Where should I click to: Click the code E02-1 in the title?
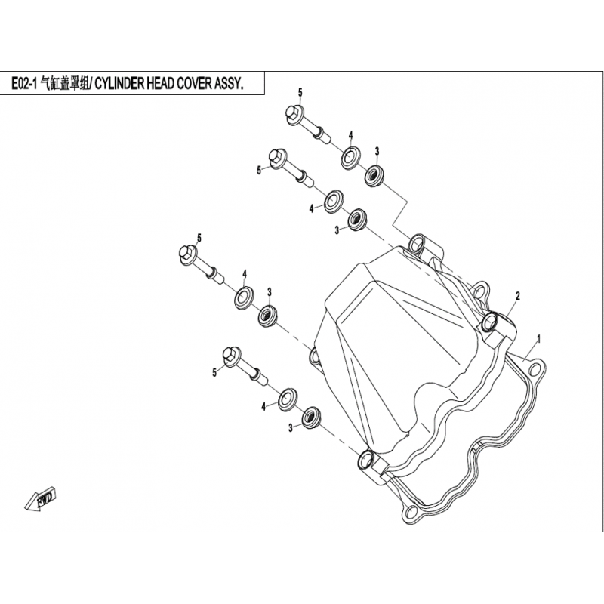pyautogui.click(x=24, y=84)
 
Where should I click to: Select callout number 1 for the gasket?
pyautogui.click(x=539, y=339)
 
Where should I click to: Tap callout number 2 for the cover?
pyautogui.click(x=518, y=296)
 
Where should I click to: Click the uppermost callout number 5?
pyautogui.click(x=300, y=92)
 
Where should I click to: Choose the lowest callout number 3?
pyautogui.click(x=291, y=427)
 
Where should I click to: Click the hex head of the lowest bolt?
pyautogui.click(x=231, y=356)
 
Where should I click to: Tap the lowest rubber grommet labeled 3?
pyautogui.click(x=311, y=417)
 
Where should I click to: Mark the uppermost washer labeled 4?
pyautogui.click(x=350, y=156)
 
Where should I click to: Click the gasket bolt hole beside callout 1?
pyautogui.click(x=534, y=370)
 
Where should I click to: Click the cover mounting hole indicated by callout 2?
pyautogui.click(x=490, y=322)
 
